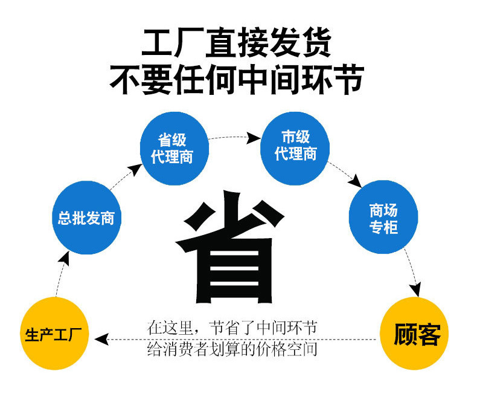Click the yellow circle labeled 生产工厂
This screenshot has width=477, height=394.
(55, 334)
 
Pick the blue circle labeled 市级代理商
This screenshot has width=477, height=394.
(295, 146)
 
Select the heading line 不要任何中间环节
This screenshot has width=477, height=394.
(237, 79)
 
